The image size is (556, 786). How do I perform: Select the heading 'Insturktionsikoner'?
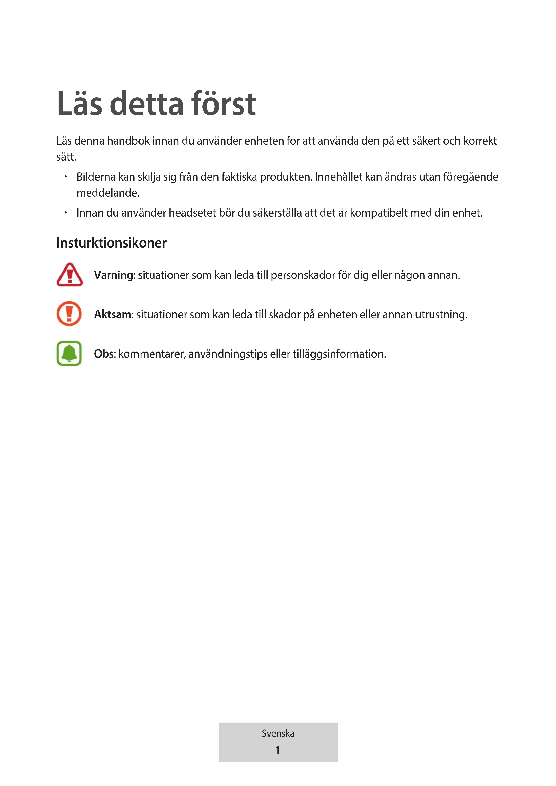tap(111, 243)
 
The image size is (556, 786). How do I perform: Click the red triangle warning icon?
tap(70, 275)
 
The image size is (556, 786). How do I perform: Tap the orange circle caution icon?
tap(69, 314)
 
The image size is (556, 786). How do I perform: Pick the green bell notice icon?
tap(69, 353)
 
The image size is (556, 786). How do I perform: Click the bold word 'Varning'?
tap(114, 275)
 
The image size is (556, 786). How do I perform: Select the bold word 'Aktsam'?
tap(113, 314)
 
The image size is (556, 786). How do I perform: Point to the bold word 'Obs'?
tap(104, 354)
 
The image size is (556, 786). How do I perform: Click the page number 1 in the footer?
tap(278, 750)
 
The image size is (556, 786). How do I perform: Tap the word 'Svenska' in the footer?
tap(278, 733)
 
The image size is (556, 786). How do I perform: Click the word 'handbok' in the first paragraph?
tap(128, 141)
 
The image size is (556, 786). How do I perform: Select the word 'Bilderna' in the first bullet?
tap(96, 177)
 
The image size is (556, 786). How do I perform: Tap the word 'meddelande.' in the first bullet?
tap(108, 193)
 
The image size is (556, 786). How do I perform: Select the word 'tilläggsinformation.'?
tap(339, 354)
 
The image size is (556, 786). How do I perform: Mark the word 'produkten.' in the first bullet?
tap(286, 177)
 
